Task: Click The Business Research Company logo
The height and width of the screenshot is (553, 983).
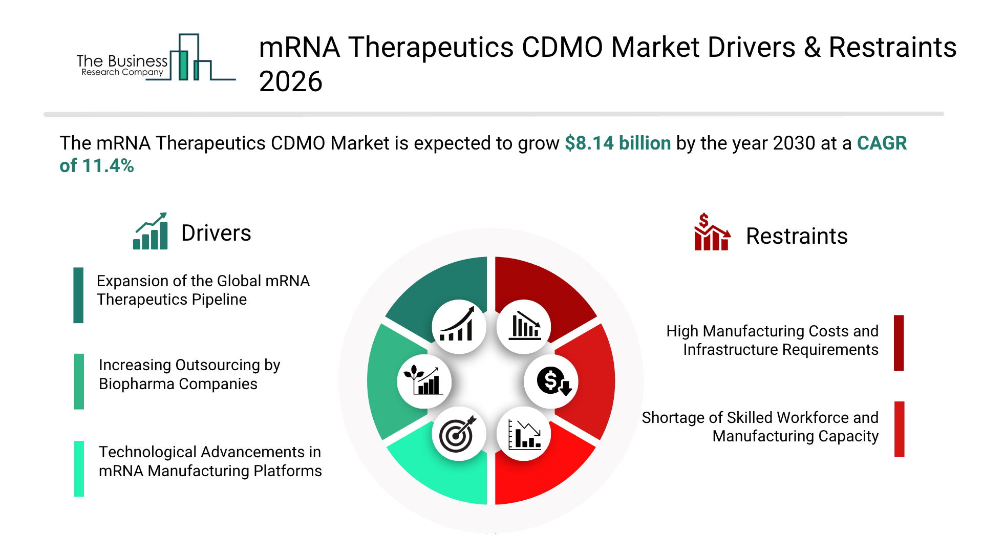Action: click(x=156, y=57)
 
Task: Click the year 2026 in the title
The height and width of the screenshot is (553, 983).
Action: click(x=291, y=81)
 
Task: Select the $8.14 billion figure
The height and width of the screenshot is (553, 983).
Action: click(x=618, y=143)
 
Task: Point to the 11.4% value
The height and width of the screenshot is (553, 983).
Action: click(x=108, y=165)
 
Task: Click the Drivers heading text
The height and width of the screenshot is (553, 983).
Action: click(x=216, y=233)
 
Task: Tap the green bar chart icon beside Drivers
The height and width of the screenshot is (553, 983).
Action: click(x=151, y=231)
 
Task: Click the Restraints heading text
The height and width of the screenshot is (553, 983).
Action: click(x=797, y=236)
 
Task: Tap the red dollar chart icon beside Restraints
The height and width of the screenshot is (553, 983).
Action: click(x=712, y=232)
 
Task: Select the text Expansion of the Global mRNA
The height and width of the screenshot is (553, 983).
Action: click(x=203, y=281)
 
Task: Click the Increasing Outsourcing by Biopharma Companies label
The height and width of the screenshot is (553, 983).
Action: click(x=189, y=374)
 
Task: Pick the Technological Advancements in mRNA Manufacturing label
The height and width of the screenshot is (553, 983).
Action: click(x=210, y=461)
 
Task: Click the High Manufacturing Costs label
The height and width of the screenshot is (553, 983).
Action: click(x=772, y=341)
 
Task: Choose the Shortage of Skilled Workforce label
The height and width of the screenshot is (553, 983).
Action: click(x=760, y=427)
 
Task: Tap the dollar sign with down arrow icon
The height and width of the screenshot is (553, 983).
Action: click(x=551, y=381)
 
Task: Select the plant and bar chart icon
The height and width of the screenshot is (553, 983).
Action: click(x=424, y=381)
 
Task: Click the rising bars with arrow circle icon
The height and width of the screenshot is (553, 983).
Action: click(x=459, y=327)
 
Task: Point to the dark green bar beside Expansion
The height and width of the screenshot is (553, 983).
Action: click(x=78, y=295)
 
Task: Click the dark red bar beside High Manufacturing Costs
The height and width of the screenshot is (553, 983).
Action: click(x=899, y=343)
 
